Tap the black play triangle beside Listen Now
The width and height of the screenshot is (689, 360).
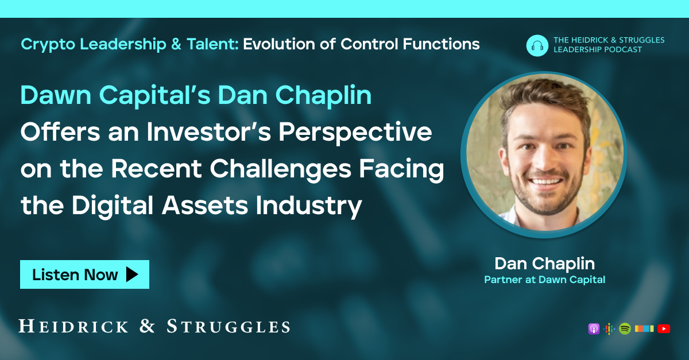tap(132, 274)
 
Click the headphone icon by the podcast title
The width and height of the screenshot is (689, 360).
tap(537, 45)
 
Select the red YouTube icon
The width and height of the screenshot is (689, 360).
tap(664, 329)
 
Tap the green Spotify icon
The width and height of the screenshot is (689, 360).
tap(625, 329)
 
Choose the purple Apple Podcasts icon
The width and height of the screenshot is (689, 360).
tap(594, 329)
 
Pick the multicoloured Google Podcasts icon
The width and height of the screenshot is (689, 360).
tap(609, 329)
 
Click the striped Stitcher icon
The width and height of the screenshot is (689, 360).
tap(644, 329)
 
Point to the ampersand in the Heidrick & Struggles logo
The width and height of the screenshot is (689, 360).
tap(147, 327)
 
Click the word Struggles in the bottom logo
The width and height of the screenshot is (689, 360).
tap(228, 327)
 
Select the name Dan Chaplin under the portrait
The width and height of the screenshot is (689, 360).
tap(544, 264)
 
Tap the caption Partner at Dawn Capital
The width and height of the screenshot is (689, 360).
tap(544, 280)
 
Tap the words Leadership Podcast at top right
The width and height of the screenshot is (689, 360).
tap(598, 49)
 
